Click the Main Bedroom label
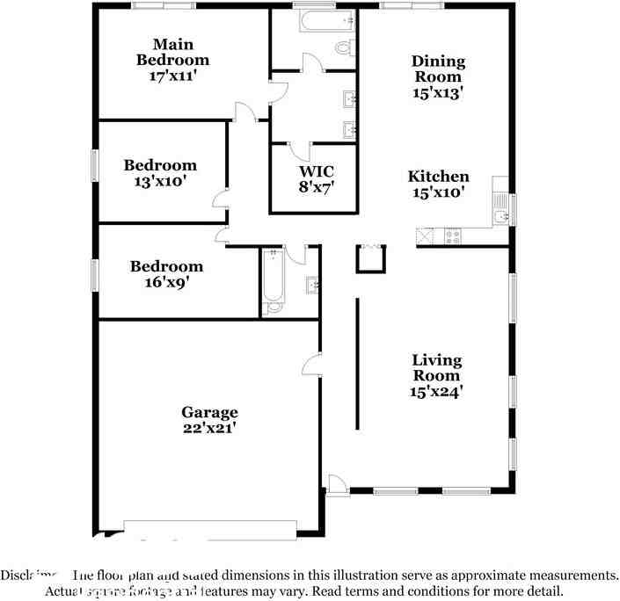click(x=172, y=52)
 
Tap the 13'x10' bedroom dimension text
click(x=160, y=182)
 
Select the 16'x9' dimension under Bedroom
click(x=167, y=283)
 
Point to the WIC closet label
click(x=316, y=171)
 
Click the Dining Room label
click(x=438, y=69)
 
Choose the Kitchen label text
click(x=438, y=177)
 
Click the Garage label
click(x=209, y=412)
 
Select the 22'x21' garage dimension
click(x=209, y=429)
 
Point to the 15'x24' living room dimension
click(x=437, y=392)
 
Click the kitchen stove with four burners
click(x=453, y=235)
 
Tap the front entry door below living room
click(x=337, y=484)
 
